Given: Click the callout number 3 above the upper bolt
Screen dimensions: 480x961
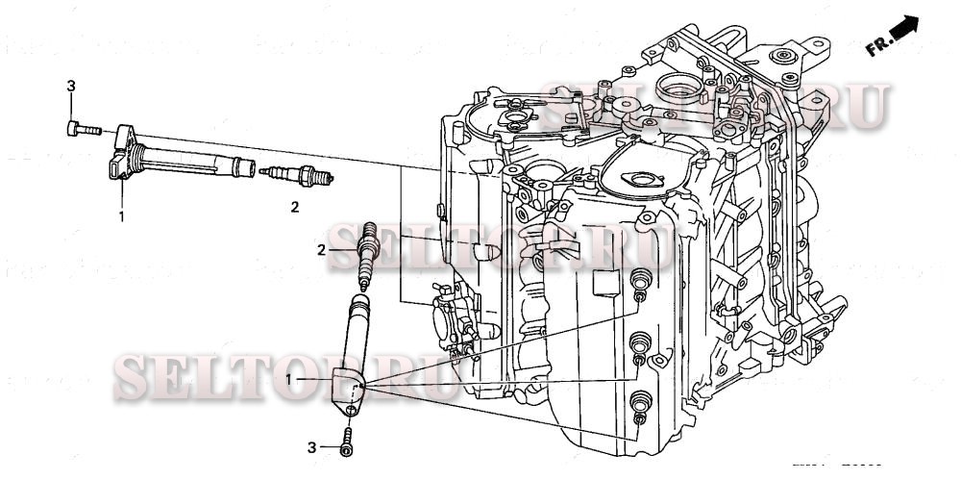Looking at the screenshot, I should click(70, 88).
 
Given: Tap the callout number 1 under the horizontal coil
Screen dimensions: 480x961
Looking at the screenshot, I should click(121, 216).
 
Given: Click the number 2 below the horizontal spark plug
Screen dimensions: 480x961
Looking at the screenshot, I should click(295, 206).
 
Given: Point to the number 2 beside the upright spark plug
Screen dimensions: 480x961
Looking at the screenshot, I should click(323, 251).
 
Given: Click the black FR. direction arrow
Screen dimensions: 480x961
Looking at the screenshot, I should click(905, 33).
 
